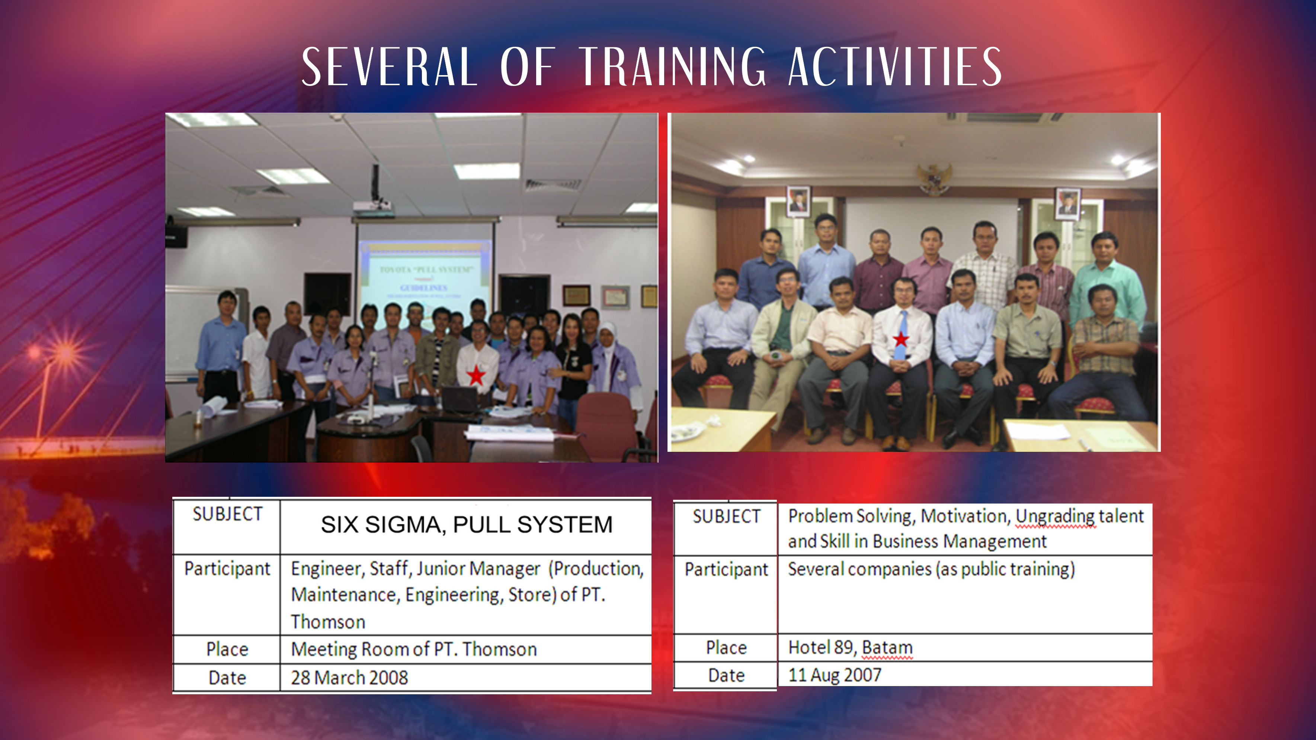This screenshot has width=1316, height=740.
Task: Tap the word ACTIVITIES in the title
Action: [895, 67]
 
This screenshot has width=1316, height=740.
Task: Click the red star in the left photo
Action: [476, 375]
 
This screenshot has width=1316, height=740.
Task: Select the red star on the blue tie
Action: [901, 339]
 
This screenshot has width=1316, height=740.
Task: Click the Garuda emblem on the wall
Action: [934, 179]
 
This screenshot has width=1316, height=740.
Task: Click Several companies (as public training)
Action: [931, 569]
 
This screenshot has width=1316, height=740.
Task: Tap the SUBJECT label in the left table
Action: [227, 514]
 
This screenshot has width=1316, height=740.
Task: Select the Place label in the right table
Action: [726, 647]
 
